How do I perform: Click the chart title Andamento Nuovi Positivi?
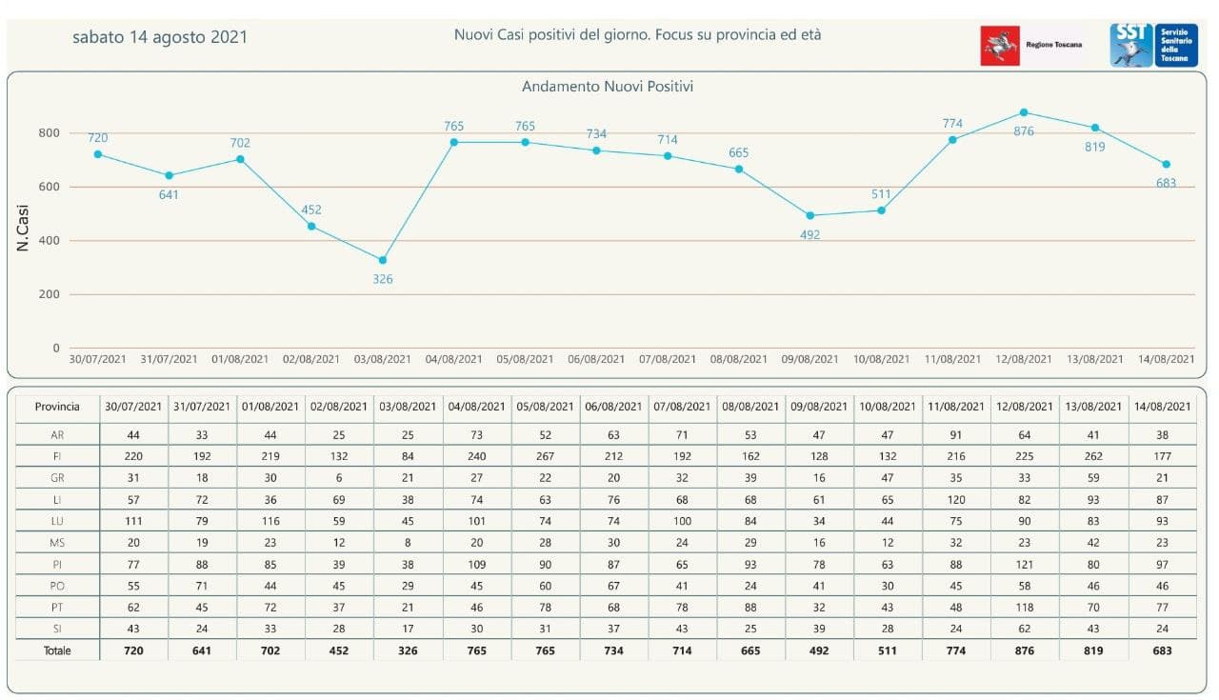(607, 87)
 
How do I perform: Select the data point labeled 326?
(383, 260)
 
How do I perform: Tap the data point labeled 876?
(1024, 112)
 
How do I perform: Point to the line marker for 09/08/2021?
(810, 215)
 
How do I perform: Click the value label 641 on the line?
(170, 195)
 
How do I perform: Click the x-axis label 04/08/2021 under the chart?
(453, 360)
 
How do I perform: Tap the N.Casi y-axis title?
(23, 229)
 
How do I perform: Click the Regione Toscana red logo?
(1000, 46)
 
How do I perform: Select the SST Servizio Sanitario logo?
(1153, 45)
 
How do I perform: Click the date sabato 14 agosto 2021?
(160, 37)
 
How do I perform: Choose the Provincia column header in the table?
(57, 407)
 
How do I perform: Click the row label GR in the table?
(57, 478)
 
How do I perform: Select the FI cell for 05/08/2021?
(546, 456)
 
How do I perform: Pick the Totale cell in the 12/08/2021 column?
(1025, 651)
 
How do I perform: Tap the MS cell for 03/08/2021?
(409, 543)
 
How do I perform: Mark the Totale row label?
(57, 651)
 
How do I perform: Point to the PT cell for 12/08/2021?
(1025, 608)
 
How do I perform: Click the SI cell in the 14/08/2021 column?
(1162, 630)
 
